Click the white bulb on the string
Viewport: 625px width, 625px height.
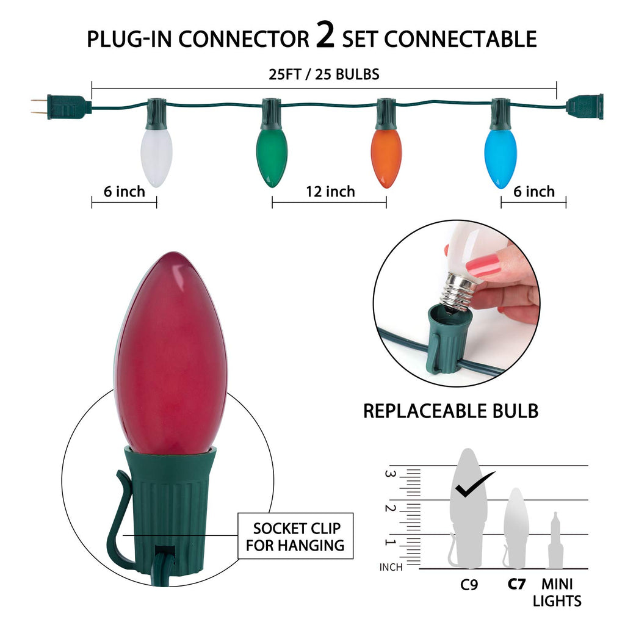coord(156,156)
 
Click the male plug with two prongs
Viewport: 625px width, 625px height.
coord(61,106)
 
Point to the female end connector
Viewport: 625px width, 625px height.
coord(585,106)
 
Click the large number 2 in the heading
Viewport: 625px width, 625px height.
coord(326,37)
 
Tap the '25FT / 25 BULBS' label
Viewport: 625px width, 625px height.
coord(324,74)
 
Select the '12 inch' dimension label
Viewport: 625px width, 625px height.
coord(330,192)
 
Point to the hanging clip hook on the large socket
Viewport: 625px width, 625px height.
coord(118,525)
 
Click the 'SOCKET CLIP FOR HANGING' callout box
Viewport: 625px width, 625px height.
coord(295,536)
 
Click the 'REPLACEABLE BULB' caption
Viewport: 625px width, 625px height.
coord(450,411)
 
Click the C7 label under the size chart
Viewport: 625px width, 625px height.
coord(516,584)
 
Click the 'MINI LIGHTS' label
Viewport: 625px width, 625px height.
coord(557,592)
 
